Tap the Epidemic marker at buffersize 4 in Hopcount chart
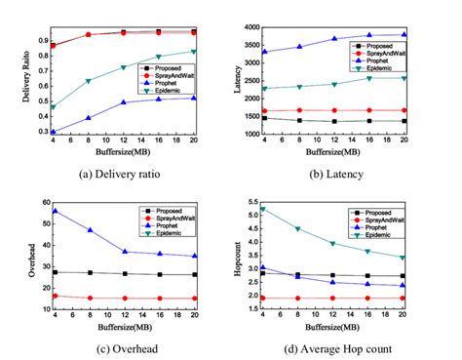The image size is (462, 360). pyautogui.click(x=264, y=209)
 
